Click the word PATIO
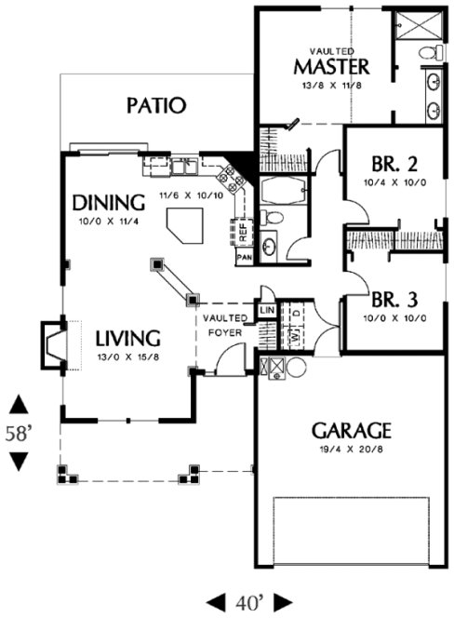(156, 105)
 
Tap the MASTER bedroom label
(332, 67)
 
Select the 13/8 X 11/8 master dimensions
(332, 85)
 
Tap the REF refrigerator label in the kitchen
(241, 226)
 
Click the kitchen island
(187, 224)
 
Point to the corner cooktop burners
(227, 173)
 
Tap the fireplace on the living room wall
(52, 341)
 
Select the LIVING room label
(128, 337)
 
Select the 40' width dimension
(248, 601)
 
